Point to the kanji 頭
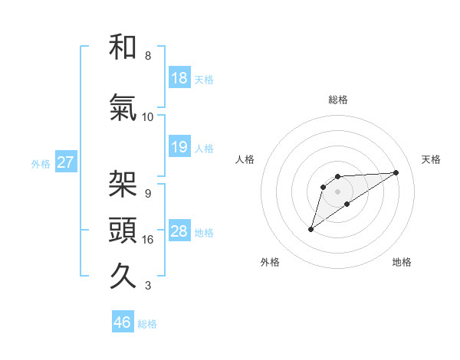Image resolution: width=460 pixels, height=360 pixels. click(x=123, y=229)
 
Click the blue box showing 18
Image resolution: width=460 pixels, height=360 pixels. click(x=179, y=78)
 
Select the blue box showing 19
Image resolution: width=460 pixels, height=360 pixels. click(x=179, y=147)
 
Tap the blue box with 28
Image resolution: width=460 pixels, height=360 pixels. click(x=179, y=232)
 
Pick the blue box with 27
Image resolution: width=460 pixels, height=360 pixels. click(x=65, y=163)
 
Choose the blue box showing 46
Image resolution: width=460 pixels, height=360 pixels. click(x=123, y=322)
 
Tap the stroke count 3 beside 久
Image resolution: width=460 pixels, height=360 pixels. click(x=147, y=286)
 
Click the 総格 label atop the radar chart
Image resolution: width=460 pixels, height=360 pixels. click(x=338, y=100)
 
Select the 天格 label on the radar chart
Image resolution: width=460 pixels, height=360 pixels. click(x=432, y=159)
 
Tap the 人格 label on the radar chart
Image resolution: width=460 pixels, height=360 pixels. click(x=245, y=159)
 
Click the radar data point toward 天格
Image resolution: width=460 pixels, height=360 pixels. click(x=396, y=172)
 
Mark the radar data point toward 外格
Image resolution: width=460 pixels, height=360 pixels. click(x=310, y=229)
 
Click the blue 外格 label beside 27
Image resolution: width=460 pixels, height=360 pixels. click(x=41, y=164)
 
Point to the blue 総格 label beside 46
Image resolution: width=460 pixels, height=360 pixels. click(x=147, y=323)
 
